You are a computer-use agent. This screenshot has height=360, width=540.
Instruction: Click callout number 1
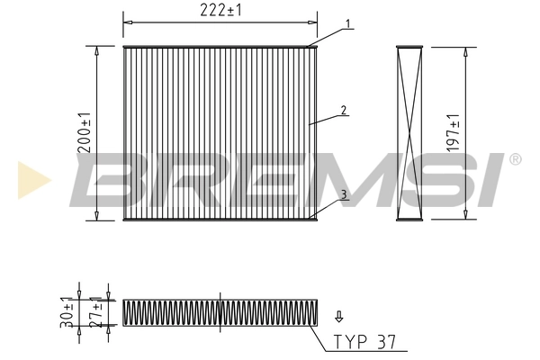tap(347, 23)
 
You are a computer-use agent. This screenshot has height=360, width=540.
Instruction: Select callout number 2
tap(344, 111)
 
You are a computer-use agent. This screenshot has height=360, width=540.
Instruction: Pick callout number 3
tap(344, 193)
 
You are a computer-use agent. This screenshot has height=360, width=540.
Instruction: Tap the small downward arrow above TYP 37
tap(338, 316)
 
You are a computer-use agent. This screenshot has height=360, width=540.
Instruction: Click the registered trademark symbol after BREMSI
tap(515, 159)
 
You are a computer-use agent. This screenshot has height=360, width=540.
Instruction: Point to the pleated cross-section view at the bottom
tap(220, 311)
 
